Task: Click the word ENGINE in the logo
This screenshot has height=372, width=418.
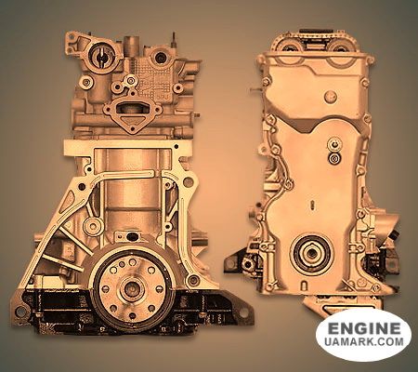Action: click(x=364, y=327)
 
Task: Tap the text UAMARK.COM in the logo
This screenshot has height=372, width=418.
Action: click(x=364, y=341)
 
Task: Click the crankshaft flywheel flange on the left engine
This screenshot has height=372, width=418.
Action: click(x=132, y=289)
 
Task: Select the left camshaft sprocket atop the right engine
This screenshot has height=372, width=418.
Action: click(x=290, y=48)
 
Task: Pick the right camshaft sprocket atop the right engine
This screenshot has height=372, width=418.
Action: click(x=339, y=48)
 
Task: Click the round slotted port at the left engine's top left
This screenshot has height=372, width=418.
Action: click(x=101, y=57)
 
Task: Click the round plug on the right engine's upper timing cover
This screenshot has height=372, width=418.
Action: click(x=331, y=97)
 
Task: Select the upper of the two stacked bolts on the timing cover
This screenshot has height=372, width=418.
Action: click(x=333, y=144)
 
